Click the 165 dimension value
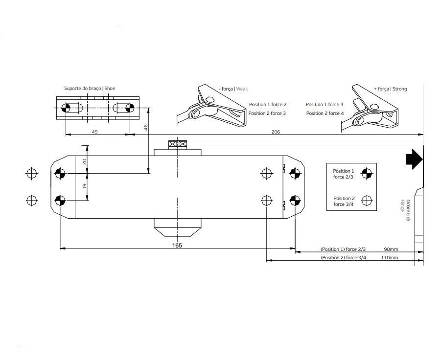pyautogui.click(x=177, y=246)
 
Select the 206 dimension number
pyautogui.click(x=276, y=132)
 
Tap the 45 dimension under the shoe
pyautogui.click(x=95, y=132)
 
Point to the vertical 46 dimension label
pyautogui.click(x=145, y=128)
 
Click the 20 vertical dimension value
pyautogui.click(x=84, y=161)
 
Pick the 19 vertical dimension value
pyautogui.click(x=84, y=186)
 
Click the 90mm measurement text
pyautogui.click(x=391, y=249)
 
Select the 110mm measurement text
pyautogui.click(x=390, y=257)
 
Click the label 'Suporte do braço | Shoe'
pyautogui.click(x=90, y=88)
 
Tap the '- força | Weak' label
pyautogui.click(x=233, y=89)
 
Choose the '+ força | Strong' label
pyautogui.click(x=391, y=89)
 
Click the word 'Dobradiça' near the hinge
pyautogui.click(x=408, y=210)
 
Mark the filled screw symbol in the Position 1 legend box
pyautogui.click(x=367, y=173)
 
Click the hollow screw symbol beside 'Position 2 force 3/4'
pyautogui.click(x=367, y=201)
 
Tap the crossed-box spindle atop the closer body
pyautogui.click(x=177, y=144)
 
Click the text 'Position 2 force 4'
pyautogui.click(x=325, y=113)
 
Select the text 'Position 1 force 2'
pyautogui.click(x=267, y=105)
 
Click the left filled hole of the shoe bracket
pyautogui.click(x=66, y=108)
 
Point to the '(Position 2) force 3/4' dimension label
pyautogui.click(x=344, y=257)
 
